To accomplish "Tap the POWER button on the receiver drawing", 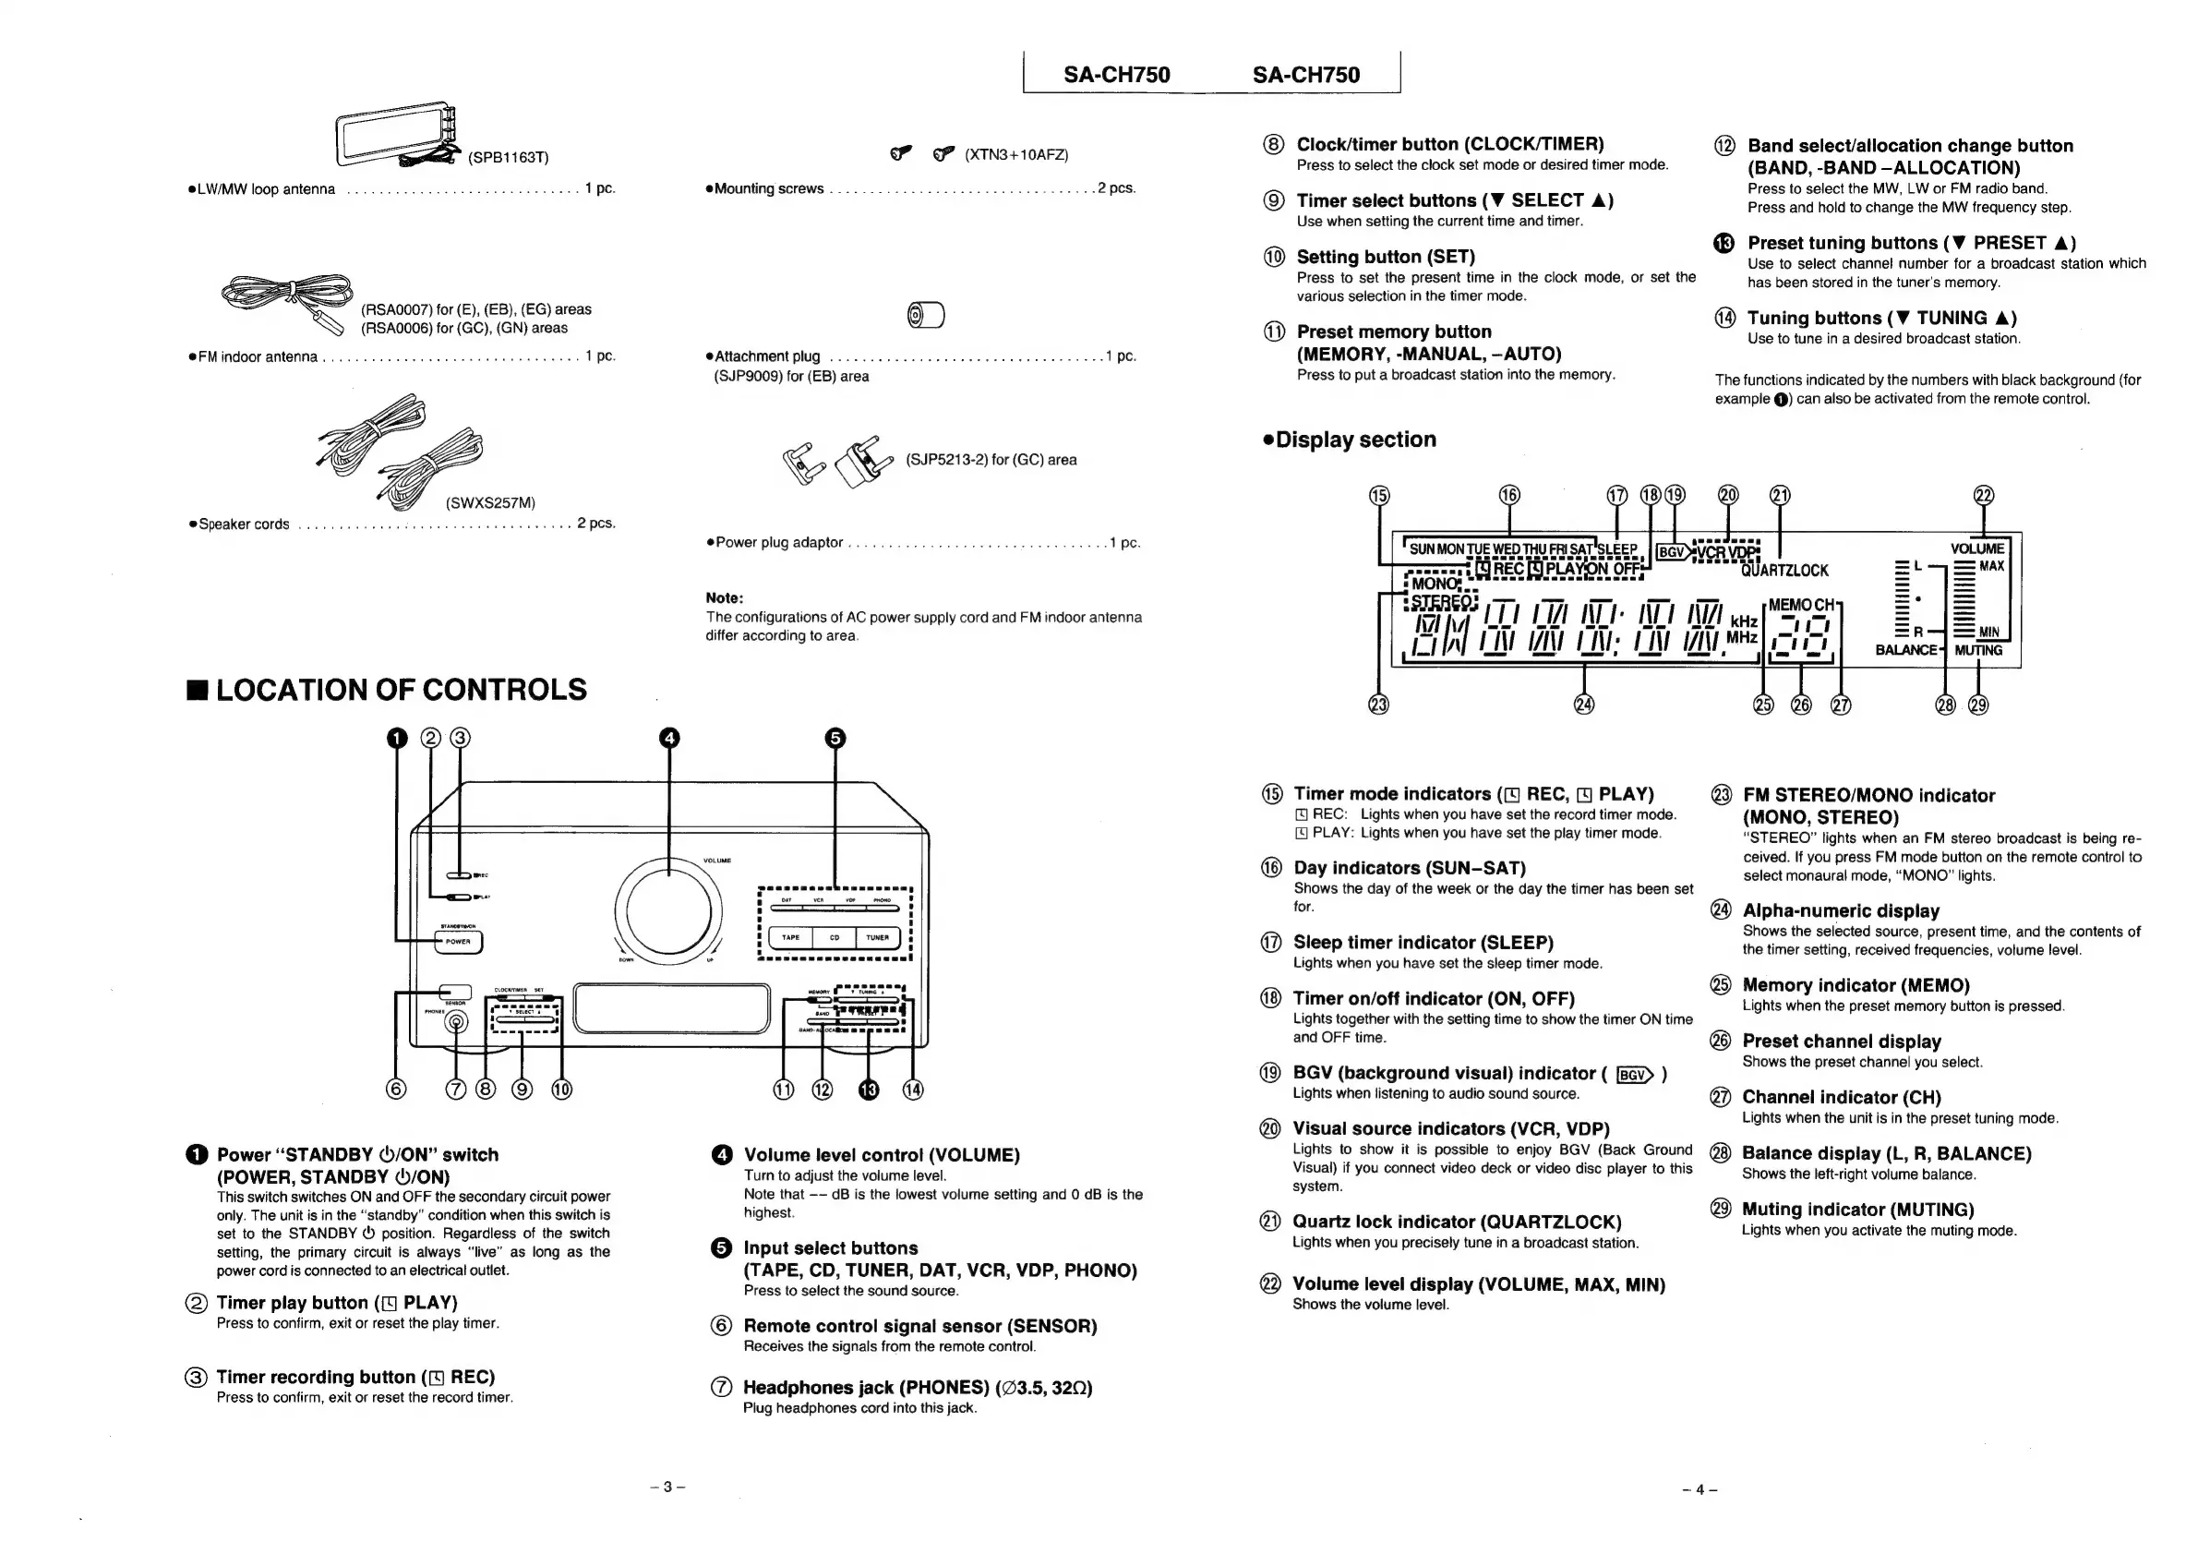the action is pyautogui.click(x=458, y=942).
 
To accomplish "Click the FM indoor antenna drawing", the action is pyautogui.click(x=287, y=295).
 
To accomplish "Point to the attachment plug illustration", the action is pyautogui.click(x=925, y=315).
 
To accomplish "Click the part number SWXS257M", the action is pyautogui.click(x=490, y=503).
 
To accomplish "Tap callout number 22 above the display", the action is pyautogui.click(x=1984, y=496).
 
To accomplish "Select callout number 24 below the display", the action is pyautogui.click(x=1584, y=705).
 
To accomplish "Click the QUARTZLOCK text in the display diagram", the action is pyautogui.click(x=1784, y=572).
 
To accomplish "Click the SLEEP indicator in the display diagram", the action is pyautogui.click(x=1617, y=549).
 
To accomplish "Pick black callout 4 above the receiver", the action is pyautogui.click(x=669, y=739).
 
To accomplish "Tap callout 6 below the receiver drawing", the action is pyautogui.click(x=395, y=1090).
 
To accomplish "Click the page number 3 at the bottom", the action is pyautogui.click(x=667, y=1488).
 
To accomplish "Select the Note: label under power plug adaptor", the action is pyautogui.click(x=725, y=598).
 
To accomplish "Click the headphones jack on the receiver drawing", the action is pyautogui.click(x=457, y=1022).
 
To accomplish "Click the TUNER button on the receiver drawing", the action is pyautogui.click(x=877, y=938).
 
